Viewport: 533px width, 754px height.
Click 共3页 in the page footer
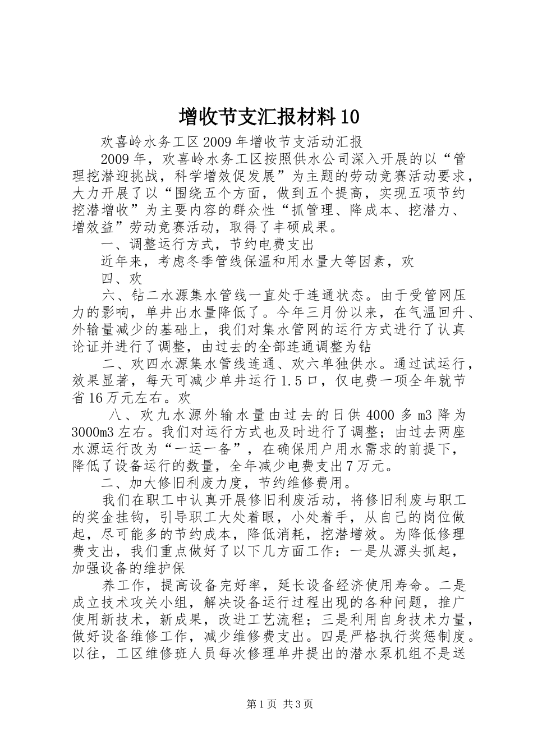298,705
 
